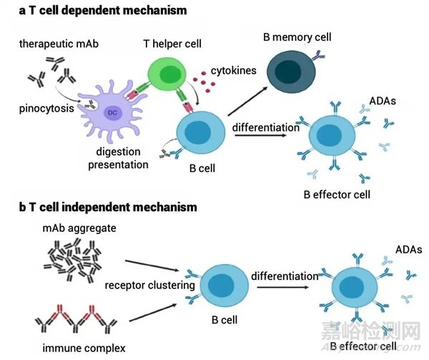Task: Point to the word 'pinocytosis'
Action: coord(44,110)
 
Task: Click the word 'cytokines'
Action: coord(234,72)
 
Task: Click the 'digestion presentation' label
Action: coord(118,157)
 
